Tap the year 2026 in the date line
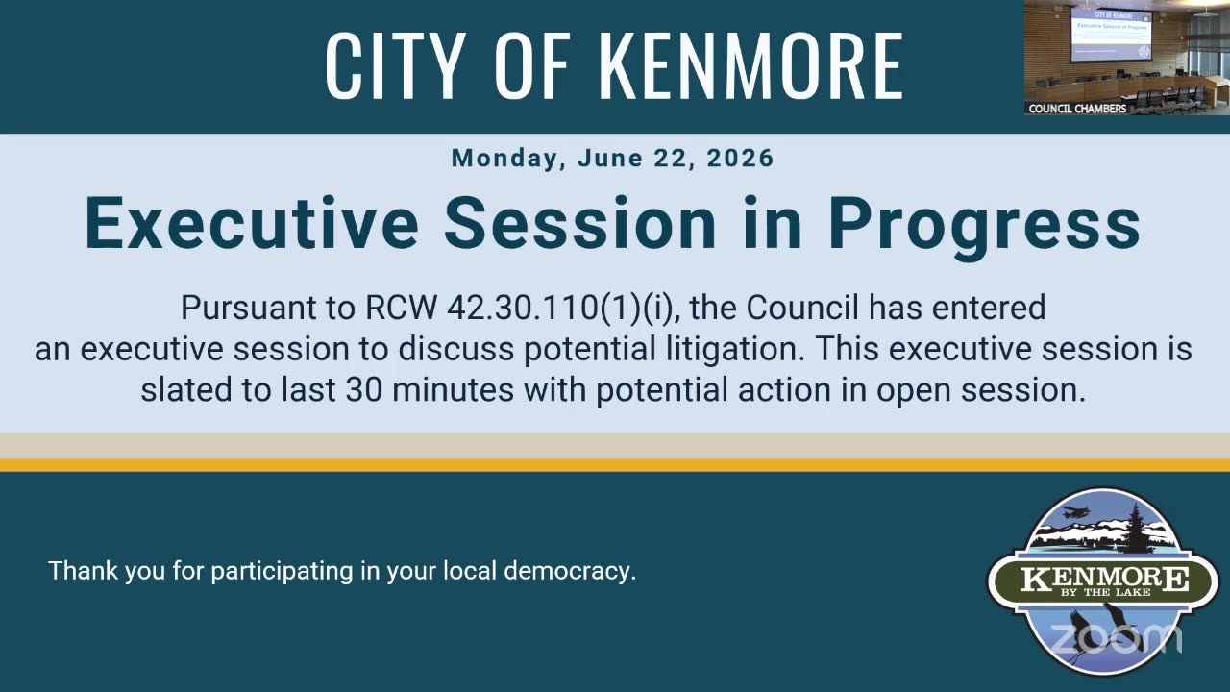click(740, 159)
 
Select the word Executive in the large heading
click(252, 223)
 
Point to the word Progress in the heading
click(985, 227)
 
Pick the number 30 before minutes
click(364, 390)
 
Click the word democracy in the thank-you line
click(570, 571)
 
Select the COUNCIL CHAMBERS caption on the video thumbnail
click(1077, 109)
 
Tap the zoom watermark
click(1116, 639)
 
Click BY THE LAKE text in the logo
click(1105, 593)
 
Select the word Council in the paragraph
click(802, 308)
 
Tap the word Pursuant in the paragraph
click(248, 308)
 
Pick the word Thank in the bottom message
click(83, 571)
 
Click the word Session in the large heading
click(580, 223)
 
